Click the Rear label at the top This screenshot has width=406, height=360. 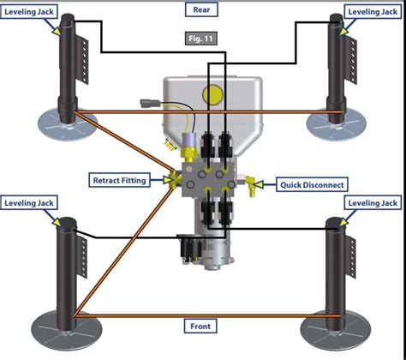203,10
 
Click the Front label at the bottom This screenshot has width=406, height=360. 202,326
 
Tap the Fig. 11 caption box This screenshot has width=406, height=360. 203,39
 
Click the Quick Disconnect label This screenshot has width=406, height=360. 312,183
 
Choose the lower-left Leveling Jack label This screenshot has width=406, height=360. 32,202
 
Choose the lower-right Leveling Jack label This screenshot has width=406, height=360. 372,202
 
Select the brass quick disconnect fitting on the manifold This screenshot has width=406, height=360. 253,183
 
